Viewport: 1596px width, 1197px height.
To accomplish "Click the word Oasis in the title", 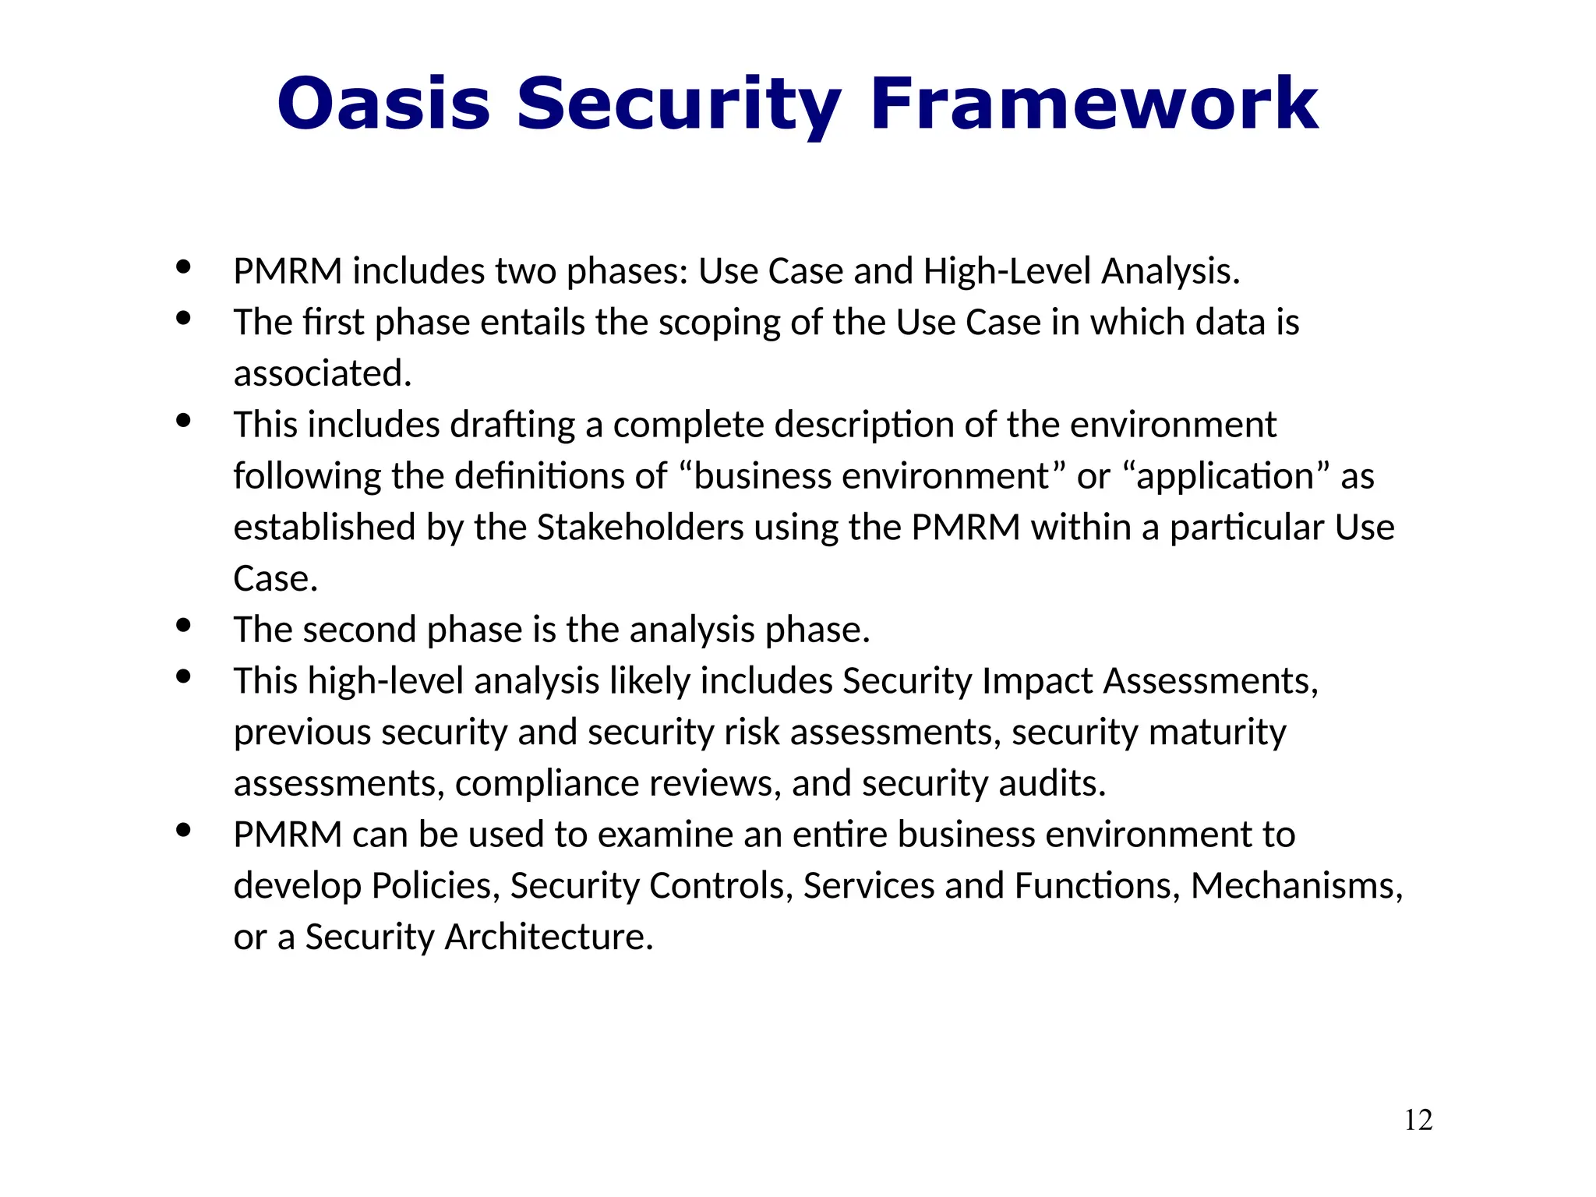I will point(383,104).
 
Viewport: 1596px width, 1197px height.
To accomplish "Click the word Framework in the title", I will point(1093,104).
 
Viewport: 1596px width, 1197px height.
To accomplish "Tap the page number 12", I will point(1418,1120).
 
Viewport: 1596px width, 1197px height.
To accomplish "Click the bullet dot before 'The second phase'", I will point(183,625).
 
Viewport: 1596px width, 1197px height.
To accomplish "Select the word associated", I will point(322,374).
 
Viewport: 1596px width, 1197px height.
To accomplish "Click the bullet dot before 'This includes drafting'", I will point(183,421).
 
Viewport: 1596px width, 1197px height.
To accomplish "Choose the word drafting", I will point(512,425).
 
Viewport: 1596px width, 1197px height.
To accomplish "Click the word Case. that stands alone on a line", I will point(275,579).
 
